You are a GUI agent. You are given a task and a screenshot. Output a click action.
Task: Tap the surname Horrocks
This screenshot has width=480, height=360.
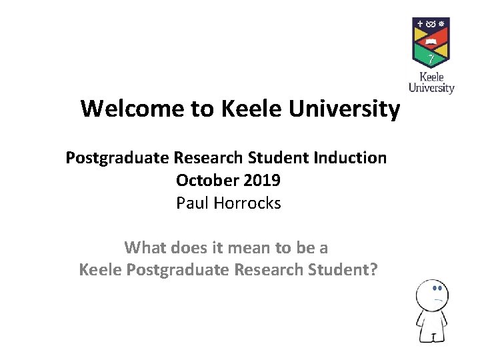point(248,203)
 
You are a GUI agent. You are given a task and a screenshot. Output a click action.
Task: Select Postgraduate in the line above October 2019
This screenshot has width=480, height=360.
point(117,158)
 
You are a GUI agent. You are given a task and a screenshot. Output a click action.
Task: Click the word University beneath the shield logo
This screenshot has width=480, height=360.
point(431,87)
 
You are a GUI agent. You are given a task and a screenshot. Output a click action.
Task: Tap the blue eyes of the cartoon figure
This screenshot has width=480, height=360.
point(437,289)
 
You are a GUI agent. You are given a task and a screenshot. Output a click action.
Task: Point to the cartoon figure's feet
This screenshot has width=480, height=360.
point(431,338)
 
